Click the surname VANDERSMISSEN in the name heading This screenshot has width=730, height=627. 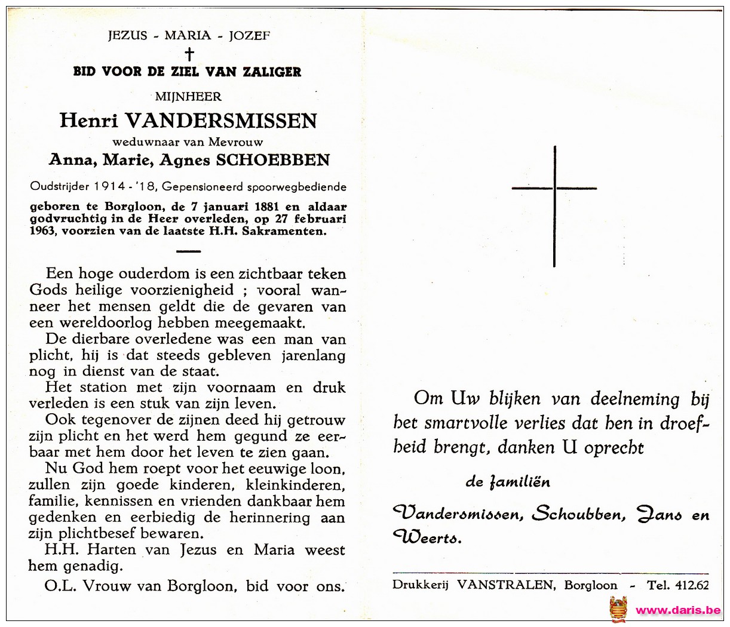[221, 121]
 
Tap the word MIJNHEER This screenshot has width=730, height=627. [188, 96]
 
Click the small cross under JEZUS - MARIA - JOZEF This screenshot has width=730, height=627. [189, 54]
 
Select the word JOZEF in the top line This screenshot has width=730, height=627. [249, 35]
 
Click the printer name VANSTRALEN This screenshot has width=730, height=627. [505, 585]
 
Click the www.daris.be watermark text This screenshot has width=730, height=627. [678, 610]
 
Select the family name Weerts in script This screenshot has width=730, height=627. [428, 537]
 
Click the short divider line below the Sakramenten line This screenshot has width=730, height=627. [189, 251]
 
